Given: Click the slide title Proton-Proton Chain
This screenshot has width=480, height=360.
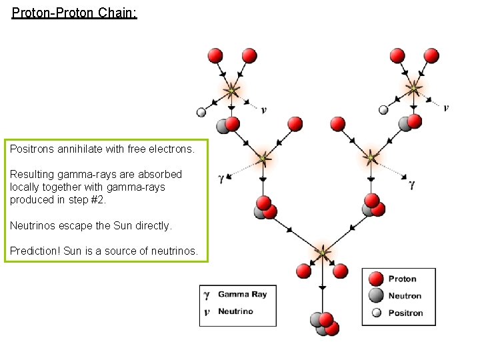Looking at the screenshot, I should (x=74, y=13).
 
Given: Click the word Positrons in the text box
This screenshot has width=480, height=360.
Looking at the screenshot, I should (x=32, y=150).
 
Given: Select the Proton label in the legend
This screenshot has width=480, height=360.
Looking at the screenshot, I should (x=402, y=279).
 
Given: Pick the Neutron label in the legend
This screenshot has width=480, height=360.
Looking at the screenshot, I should (x=405, y=296).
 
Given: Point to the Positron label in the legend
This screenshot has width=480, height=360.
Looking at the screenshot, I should (x=405, y=313).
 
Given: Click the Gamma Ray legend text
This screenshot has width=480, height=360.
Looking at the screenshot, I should (x=242, y=294).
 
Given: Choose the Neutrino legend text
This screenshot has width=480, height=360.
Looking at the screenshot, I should (x=235, y=311).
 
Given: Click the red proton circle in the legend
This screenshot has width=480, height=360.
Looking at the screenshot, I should (x=376, y=279).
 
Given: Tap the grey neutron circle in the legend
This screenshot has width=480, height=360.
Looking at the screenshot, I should (x=376, y=296).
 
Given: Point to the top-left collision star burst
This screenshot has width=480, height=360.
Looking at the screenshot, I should (x=231, y=89).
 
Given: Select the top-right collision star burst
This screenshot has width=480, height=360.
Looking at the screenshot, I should (x=413, y=87).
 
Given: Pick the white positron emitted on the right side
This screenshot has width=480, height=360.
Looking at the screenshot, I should (x=383, y=110).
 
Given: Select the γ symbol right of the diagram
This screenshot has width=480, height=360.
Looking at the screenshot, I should (x=412, y=184).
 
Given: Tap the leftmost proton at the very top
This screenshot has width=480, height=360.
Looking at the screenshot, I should (x=215, y=55).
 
